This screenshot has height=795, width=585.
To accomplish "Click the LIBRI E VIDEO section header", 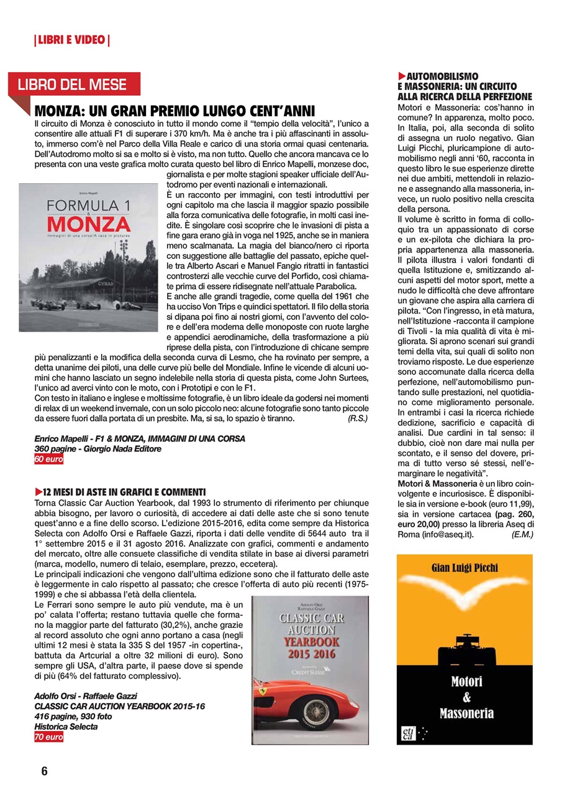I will tap(71, 41).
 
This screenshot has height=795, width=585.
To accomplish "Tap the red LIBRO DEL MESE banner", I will tap(73, 85).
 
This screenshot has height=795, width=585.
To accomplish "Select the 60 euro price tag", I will tap(48, 460).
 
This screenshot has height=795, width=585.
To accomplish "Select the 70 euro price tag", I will tap(48, 737).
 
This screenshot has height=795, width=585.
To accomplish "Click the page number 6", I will tap(44, 771).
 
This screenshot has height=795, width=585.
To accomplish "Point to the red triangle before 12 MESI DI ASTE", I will tap(39, 492).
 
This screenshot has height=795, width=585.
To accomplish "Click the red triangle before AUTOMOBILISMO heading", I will tap(401, 76).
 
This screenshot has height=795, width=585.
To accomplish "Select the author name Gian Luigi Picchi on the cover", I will tap(465, 568).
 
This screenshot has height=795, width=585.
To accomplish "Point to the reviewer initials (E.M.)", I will tap(522, 534).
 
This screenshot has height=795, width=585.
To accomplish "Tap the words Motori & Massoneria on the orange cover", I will tap(464, 697).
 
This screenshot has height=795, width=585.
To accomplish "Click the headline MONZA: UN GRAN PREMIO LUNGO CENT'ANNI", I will tap(176, 112).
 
